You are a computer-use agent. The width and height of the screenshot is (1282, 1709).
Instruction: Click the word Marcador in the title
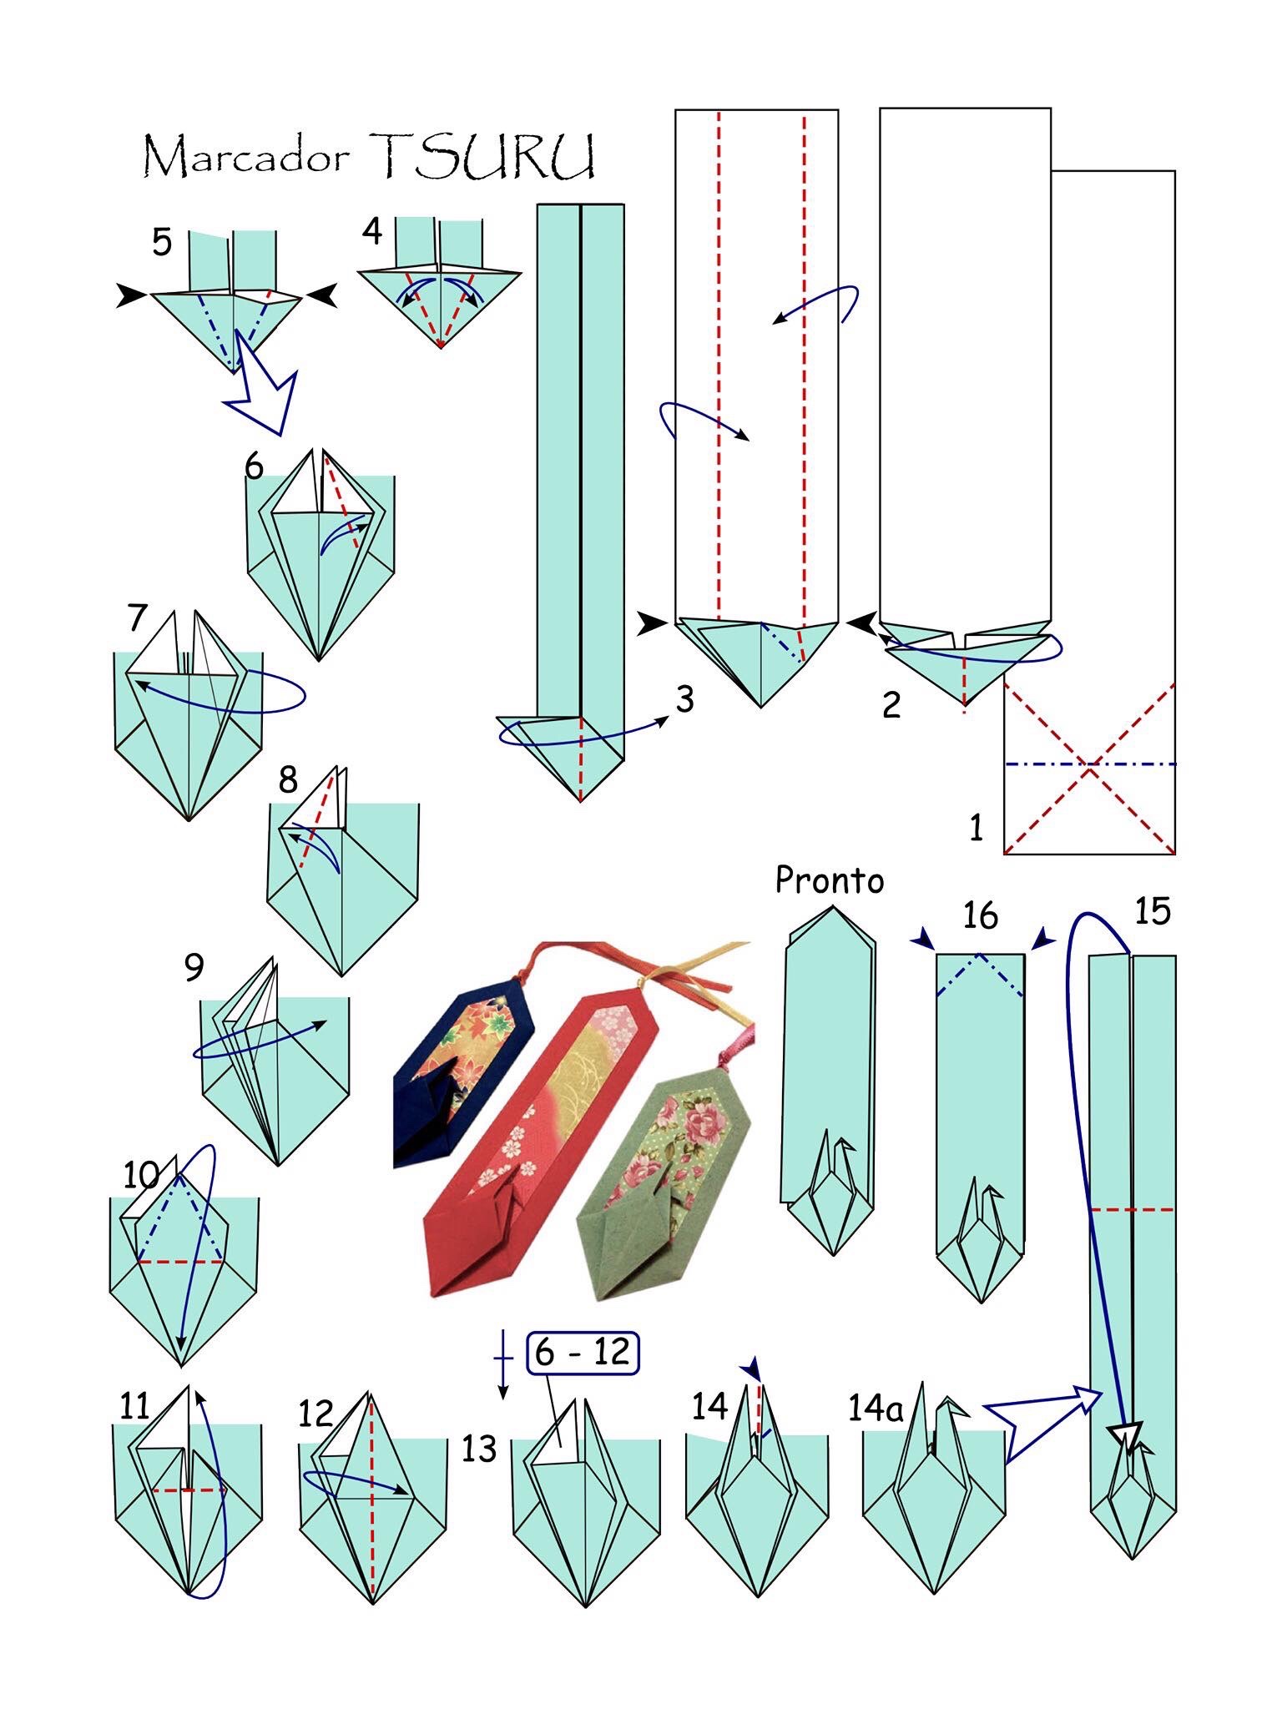point(245,157)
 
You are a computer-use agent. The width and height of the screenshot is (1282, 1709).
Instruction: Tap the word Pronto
point(829,880)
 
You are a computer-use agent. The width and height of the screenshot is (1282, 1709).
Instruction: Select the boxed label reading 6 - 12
point(583,1353)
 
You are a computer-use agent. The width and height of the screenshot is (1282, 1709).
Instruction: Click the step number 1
point(976,828)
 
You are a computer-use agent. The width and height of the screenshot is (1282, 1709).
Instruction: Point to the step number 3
point(684,699)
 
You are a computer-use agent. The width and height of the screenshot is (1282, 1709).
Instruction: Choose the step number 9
point(194,967)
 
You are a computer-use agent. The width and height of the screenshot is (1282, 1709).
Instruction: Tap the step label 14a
point(876,1409)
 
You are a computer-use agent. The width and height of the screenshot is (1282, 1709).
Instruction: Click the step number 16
point(980,915)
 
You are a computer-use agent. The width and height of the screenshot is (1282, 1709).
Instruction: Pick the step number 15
point(1152,910)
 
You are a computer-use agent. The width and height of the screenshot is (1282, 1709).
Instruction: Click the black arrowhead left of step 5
point(131,295)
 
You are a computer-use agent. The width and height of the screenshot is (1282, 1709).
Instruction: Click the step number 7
point(138,618)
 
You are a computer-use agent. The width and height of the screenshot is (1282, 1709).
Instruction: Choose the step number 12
point(315,1414)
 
